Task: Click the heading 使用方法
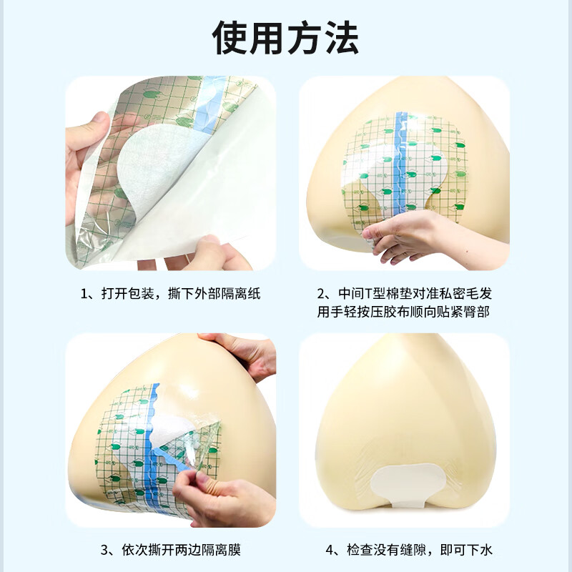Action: (286, 37)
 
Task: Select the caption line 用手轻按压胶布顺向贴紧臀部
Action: (404, 312)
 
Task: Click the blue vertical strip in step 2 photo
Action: (401, 164)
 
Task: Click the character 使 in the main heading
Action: (232, 37)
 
